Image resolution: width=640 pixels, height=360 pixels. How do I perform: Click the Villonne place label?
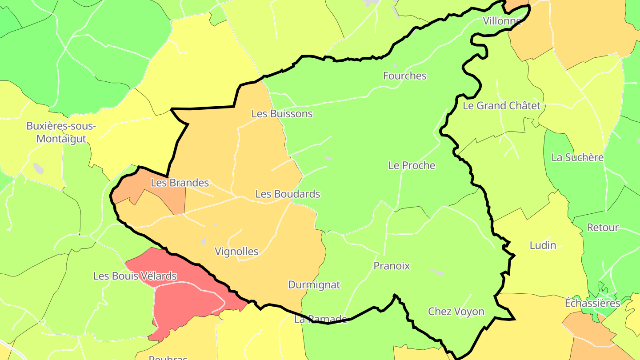pos(502,21)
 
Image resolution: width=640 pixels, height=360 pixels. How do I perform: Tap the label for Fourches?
pos(404,76)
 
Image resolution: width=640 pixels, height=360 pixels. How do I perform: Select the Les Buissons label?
pos(282,114)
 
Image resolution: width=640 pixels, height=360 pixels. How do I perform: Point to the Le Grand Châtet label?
pos(501,106)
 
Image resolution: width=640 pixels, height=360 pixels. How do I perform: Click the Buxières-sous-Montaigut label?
pos(61,132)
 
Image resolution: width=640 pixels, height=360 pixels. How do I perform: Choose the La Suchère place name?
pos(577,157)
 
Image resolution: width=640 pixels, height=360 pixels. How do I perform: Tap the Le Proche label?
pos(412,165)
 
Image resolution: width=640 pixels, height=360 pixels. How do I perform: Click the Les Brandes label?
pos(180,183)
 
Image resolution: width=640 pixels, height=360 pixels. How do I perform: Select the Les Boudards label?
pos(288,194)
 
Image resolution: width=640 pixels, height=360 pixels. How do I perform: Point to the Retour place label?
pos(603,228)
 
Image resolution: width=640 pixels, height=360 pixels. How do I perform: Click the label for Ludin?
pos(543,245)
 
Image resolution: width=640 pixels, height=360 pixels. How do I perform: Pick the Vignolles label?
pos(236,252)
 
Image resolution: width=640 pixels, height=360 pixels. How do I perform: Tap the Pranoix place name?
pos(392,266)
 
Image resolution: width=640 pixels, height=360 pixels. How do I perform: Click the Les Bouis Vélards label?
pos(135,276)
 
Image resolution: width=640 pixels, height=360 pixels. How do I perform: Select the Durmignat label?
pos(314,285)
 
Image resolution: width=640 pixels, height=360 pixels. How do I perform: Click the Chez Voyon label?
pos(456,312)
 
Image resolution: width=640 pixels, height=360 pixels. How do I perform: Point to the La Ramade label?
pos(320,319)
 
